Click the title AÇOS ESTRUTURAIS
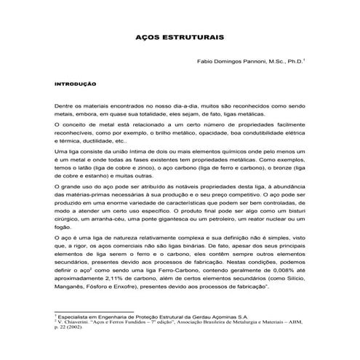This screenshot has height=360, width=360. (x=180, y=35)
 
